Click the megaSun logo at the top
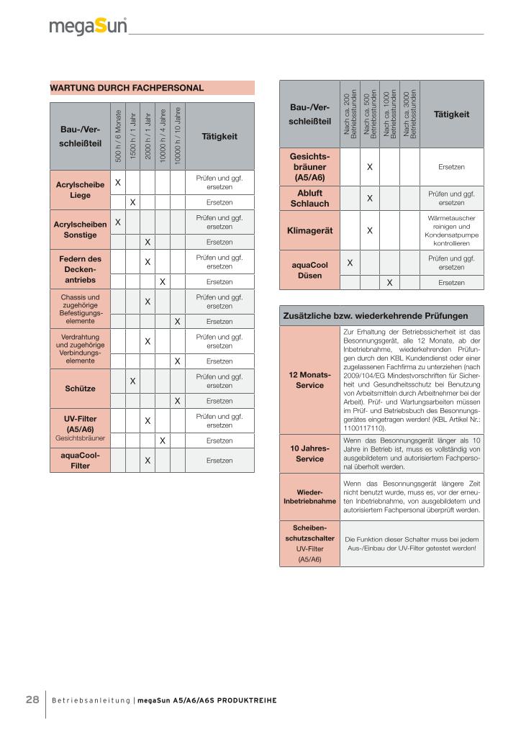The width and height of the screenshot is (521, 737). tap(88, 27)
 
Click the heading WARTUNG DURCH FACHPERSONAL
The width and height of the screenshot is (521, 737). tap(127, 88)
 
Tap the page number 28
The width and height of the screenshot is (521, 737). tap(32, 700)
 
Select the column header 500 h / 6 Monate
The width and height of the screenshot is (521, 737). tap(118, 136)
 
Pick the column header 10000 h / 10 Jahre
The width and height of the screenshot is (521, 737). tap(177, 136)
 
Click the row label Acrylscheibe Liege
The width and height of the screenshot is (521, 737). tap(80, 190)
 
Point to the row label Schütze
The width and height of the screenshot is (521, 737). tap(80, 389)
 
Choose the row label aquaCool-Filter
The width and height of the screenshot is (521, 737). tap(80, 460)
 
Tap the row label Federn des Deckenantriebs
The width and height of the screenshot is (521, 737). tap(80, 268)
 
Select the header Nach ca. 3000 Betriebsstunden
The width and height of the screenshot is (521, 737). tap(409, 115)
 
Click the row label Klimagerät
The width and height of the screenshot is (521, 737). tap(309, 231)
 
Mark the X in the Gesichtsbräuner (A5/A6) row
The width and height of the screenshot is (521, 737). tap(369, 167)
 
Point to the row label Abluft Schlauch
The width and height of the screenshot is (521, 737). tap(309, 198)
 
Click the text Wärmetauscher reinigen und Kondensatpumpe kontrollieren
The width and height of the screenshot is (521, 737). tap(451, 230)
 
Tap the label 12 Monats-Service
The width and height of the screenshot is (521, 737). tap(309, 380)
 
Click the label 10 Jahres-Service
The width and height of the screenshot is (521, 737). tap(309, 453)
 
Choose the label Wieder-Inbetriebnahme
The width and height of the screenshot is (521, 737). tap(309, 497)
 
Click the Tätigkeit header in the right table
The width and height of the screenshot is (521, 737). tap(451, 114)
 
